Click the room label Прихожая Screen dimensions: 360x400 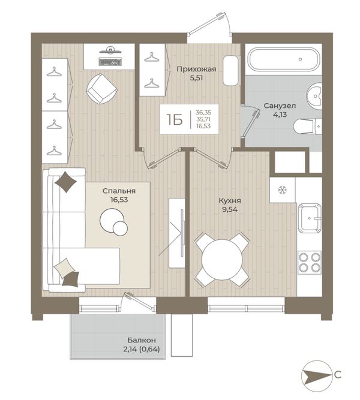click(x=196, y=69)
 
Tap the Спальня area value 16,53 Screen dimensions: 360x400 click(x=119, y=200)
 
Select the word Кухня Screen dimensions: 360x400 click(x=230, y=200)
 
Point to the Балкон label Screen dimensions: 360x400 click(x=142, y=340)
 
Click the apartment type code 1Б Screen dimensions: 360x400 click(x=175, y=119)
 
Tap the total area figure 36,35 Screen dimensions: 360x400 click(x=203, y=112)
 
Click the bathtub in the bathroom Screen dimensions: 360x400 click(x=284, y=59)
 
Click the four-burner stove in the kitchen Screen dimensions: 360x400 click(x=310, y=263)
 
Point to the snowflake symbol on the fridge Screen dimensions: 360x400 click(x=282, y=190)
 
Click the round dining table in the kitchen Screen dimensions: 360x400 click(x=221, y=260)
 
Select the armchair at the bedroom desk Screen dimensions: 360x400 click(x=102, y=88)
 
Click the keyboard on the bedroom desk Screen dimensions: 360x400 click(x=110, y=62)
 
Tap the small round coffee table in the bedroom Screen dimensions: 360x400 click(x=120, y=228)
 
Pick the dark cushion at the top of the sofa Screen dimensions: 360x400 click(x=65, y=182)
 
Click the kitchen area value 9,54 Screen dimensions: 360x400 click(x=230, y=210)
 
